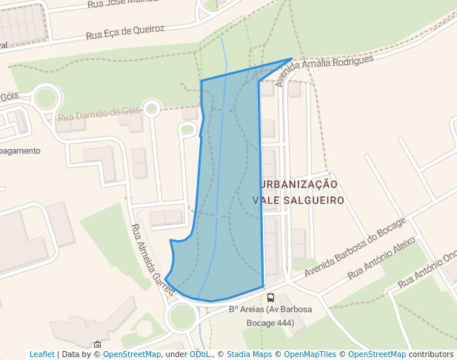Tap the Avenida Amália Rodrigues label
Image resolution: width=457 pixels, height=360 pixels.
click(x=324, y=70)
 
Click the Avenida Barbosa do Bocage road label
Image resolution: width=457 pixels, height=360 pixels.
click(x=355, y=247)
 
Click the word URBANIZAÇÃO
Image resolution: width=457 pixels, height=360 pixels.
click(x=298, y=184)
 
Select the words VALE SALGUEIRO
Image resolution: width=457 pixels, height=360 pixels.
click(x=298, y=200)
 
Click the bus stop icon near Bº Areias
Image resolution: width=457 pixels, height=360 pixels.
click(x=270, y=298)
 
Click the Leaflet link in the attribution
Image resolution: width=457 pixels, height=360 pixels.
click(x=41, y=354)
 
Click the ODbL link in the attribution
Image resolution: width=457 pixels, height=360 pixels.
click(x=200, y=354)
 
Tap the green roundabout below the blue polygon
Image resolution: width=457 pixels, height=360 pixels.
click(x=182, y=316)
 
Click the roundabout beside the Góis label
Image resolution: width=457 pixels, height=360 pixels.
click(x=46, y=98)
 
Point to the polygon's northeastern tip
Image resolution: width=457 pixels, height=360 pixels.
click(x=292, y=59)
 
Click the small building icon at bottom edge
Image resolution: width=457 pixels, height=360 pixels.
click(x=97, y=344)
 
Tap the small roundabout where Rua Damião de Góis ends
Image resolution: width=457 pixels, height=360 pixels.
click(x=152, y=109)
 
